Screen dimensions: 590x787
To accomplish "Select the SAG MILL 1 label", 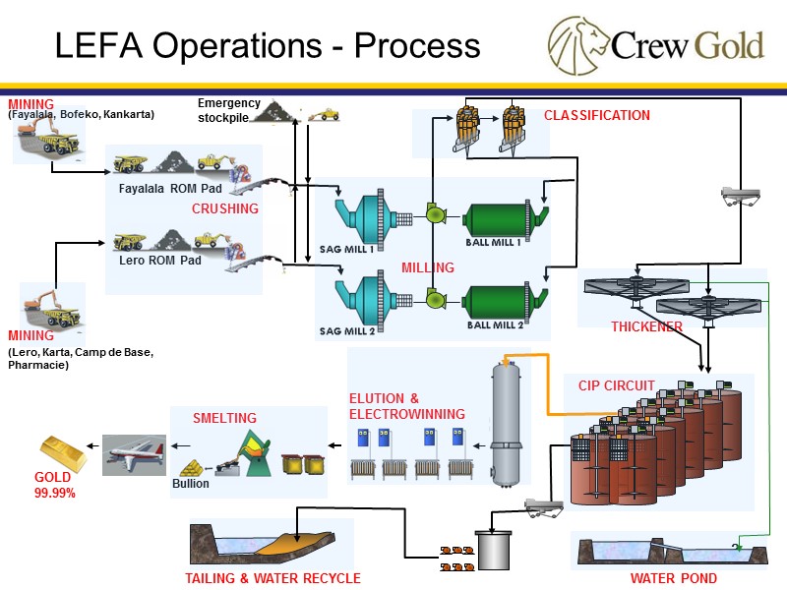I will point(346,249).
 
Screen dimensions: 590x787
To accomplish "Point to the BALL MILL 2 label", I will point(495,324).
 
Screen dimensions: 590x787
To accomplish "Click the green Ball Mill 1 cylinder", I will point(496,217).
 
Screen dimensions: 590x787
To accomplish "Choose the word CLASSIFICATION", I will point(596,115).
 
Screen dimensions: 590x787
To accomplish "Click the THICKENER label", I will point(646,326).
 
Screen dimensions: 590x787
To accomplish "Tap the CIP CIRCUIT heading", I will point(616,385).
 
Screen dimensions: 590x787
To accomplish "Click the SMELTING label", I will point(224,418).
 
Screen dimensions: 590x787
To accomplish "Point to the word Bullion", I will point(191,484).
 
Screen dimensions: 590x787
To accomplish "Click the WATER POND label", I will point(674,578).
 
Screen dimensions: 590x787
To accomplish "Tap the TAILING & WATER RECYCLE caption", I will point(272,578).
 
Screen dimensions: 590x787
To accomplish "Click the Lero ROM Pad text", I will point(159,261).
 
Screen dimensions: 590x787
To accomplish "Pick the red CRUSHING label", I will point(224,208).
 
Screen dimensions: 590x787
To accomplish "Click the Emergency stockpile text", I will point(228,110).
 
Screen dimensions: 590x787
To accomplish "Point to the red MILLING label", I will point(428,267).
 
